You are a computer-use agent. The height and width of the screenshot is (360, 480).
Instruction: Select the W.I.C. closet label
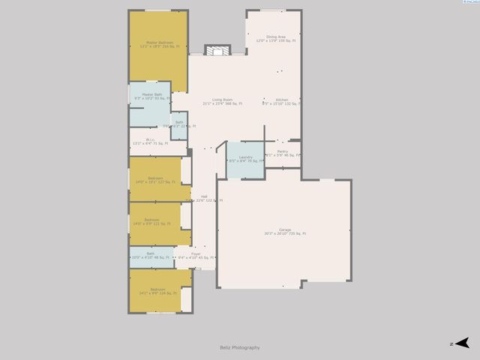[150, 140]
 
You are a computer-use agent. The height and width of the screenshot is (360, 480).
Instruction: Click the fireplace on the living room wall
[217, 51]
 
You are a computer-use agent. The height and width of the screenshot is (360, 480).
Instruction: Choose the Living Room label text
[222, 100]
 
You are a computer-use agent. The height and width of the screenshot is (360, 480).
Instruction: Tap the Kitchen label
[282, 100]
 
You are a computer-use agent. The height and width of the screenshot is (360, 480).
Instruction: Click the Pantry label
[282, 151]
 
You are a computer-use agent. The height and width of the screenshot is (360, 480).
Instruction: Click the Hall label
[203, 196]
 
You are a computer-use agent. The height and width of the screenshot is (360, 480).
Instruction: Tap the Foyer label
[196, 254]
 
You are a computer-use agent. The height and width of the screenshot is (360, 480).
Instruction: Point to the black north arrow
[463, 343]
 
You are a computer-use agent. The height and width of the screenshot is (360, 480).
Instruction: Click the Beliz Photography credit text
[240, 347]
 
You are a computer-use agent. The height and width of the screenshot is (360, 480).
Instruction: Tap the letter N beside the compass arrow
[451, 343]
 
